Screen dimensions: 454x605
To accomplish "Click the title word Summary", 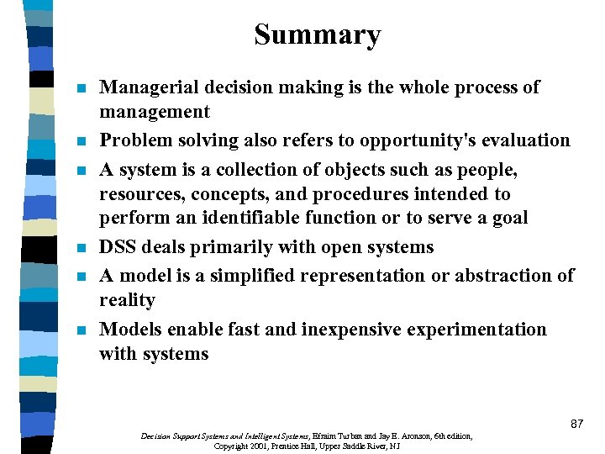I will (x=318, y=35).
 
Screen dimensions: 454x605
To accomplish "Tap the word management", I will (x=155, y=112).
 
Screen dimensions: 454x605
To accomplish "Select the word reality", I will (x=127, y=300).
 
